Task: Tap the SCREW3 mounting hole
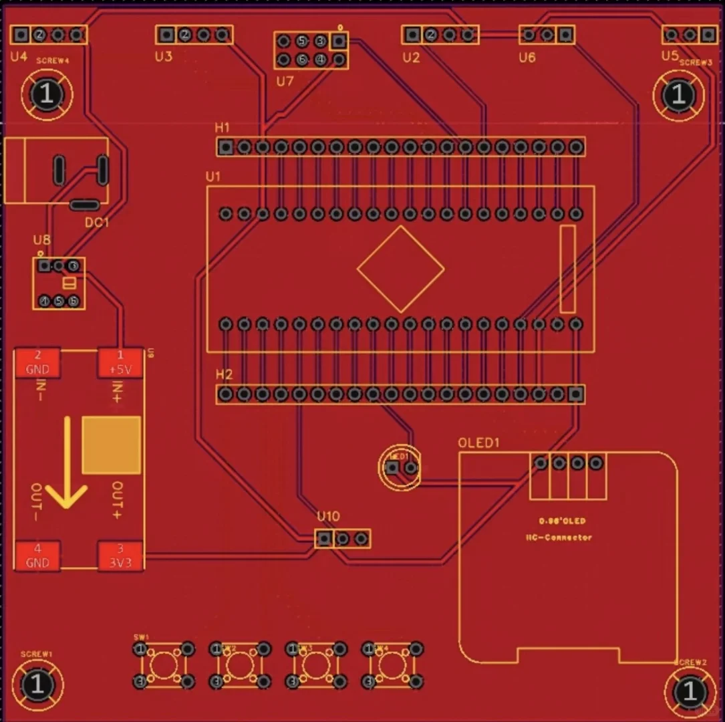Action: point(678,95)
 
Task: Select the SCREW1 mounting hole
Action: point(37,685)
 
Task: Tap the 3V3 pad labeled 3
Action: point(120,556)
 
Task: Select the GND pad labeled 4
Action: point(37,556)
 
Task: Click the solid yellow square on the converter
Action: point(112,445)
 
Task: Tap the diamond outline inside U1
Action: point(400,269)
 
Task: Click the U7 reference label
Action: point(285,82)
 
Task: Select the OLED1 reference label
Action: point(478,443)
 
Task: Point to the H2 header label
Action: point(224,375)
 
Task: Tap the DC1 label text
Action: point(96,222)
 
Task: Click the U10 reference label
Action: point(328,517)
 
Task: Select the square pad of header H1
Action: point(227,147)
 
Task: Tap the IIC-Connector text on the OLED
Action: point(559,537)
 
